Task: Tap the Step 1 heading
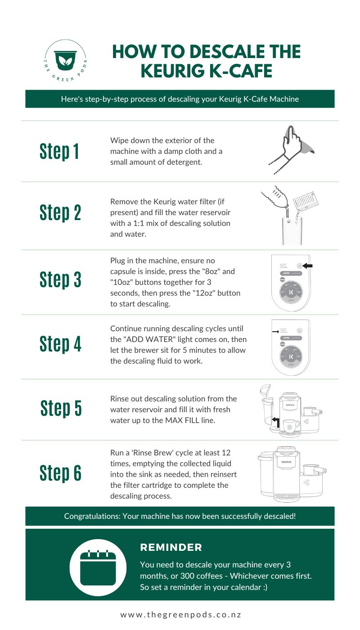pyautogui.click(x=59, y=151)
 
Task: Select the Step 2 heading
pyautogui.click(x=60, y=212)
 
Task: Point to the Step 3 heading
pyautogui.click(x=60, y=279)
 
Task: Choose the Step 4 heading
pyautogui.click(x=60, y=344)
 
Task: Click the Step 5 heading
pyautogui.click(x=61, y=408)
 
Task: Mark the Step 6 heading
pyautogui.click(x=60, y=472)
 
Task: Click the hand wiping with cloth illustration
pyautogui.click(x=288, y=149)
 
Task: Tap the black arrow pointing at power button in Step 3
pyautogui.click(x=308, y=265)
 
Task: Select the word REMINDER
pyautogui.click(x=171, y=548)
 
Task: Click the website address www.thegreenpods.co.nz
pyautogui.click(x=180, y=615)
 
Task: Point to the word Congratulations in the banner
pyautogui.click(x=92, y=516)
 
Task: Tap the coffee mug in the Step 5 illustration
pyautogui.click(x=292, y=424)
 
